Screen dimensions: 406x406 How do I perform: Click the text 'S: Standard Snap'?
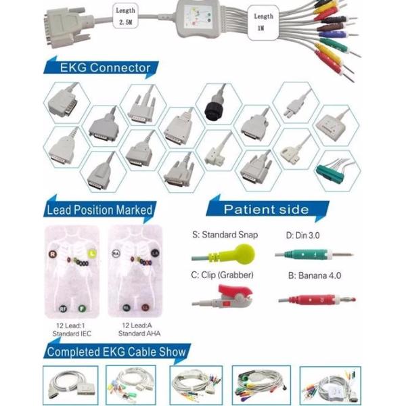coord(225,235)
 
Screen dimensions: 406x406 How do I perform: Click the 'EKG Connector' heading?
coord(105,68)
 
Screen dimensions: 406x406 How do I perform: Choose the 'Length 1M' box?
coord(263,22)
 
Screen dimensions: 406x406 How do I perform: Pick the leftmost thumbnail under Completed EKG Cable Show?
coord(70,385)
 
